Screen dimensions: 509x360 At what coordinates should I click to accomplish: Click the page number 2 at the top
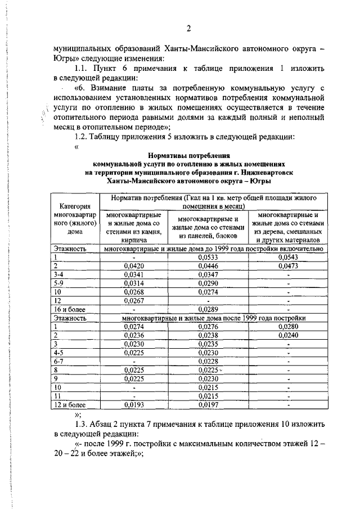(x=188, y=29)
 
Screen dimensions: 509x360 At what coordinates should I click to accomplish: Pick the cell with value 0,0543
(x=288, y=257)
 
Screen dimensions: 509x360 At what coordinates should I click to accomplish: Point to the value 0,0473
(x=288, y=265)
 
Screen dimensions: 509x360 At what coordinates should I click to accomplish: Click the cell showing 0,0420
(x=133, y=265)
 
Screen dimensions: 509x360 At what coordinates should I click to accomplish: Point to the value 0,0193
(x=133, y=404)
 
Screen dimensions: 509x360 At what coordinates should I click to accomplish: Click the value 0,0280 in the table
(x=288, y=326)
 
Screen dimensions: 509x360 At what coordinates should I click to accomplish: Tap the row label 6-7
(x=59, y=361)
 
